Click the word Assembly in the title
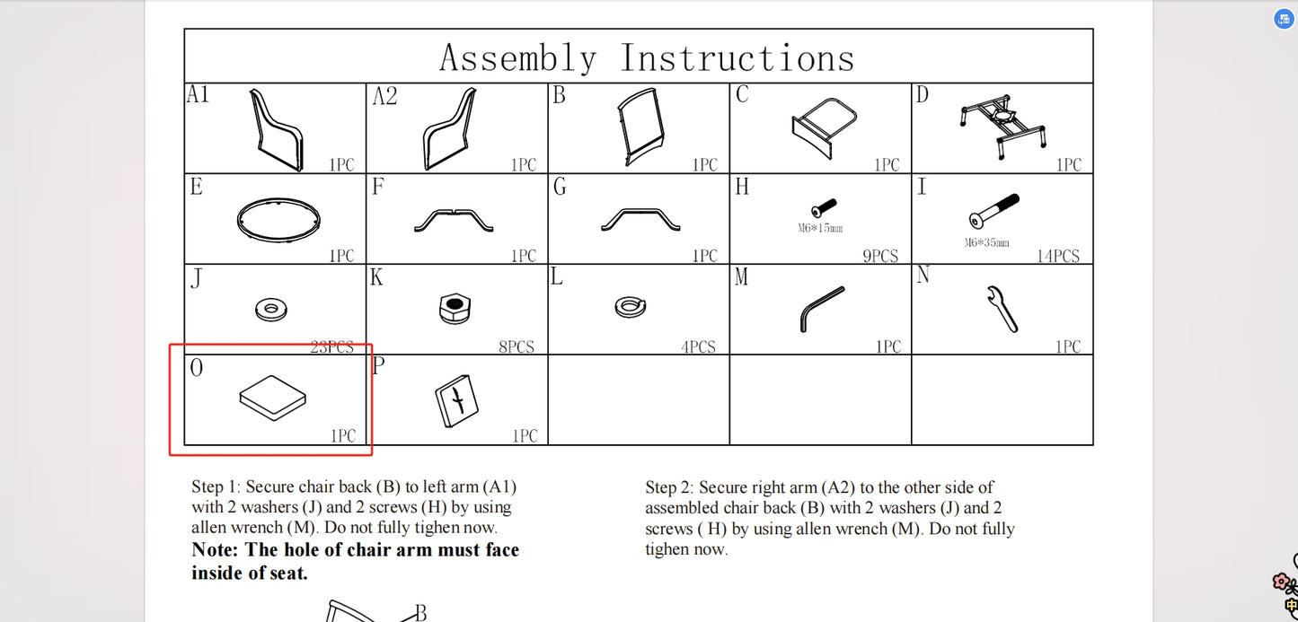pyautogui.click(x=517, y=58)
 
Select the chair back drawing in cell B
pyautogui.click(x=640, y=127)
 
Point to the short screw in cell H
pyautogui.click(x=824, y=207)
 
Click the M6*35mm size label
pyautogui.click(x=987, y=242)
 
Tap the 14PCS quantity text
pyautogui.click(x=1057, y=256)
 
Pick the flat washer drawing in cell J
pyautogui.click(x=270, y=310)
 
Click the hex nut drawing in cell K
pyautogui.click(x=455, y=308)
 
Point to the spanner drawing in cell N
pyautogui.click(x=1002, y=309)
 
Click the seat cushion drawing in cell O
pyautogui.click(x=272, y=398)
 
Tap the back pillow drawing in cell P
pyautogui.click(x=456, y=401)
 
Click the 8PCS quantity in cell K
pyautogui.click(x=517, y=347)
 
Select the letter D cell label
pyautogui.click(x=922, y=95)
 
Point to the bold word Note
pyautogui.click(x=214, y=549)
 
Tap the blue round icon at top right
pyautogui.click(x=1284, y=19)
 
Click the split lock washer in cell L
pyautogui.click(x=630, y=307)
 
